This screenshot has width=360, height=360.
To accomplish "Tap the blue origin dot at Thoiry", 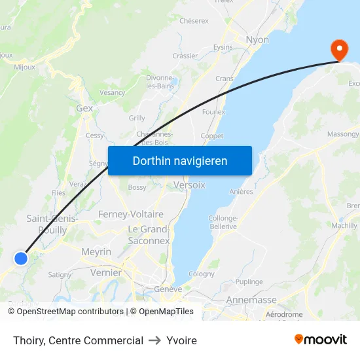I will click(21, 258).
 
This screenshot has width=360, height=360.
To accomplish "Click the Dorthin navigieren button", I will click(180, 160).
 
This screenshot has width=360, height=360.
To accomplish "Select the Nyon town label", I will click(257, 40).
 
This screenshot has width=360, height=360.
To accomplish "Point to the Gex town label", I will click(84, 108).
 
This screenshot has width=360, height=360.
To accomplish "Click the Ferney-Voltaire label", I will click(130, 214).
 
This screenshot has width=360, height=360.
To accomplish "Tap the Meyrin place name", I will click(96, 251).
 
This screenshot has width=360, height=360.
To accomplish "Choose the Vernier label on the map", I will click(106, 272).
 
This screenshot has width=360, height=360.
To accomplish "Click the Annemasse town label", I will click(251, 300).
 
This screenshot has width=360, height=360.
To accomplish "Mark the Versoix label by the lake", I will click(189, 185).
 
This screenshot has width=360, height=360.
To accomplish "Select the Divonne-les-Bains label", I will click(159, 81).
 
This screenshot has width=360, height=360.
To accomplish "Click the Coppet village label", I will click(211, 136).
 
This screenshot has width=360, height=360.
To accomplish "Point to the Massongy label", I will click(342, 134).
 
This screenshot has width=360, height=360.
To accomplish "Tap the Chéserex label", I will click(194, 21).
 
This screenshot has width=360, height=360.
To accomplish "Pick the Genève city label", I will click(168, 289).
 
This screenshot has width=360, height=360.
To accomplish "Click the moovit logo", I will click(321, 340).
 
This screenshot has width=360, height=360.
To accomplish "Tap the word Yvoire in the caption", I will click(181, 340).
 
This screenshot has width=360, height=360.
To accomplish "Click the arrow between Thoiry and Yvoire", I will click(154, 340).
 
